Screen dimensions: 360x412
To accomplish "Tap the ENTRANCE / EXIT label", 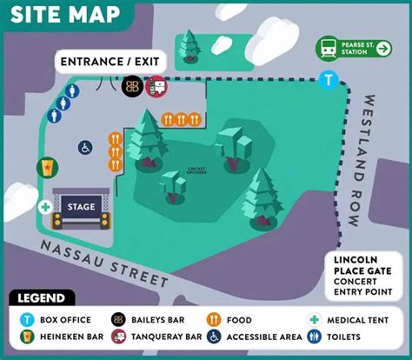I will (111, 63).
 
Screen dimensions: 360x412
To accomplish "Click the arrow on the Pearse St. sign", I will (383, 49).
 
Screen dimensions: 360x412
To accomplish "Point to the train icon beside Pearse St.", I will (327, 49).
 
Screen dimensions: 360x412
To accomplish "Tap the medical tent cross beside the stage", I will (44, 208).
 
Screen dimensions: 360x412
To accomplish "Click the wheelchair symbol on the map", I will (86, 148).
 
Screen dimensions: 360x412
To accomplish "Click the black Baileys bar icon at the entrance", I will (132, 86).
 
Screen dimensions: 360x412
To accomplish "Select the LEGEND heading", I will (41, 298).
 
